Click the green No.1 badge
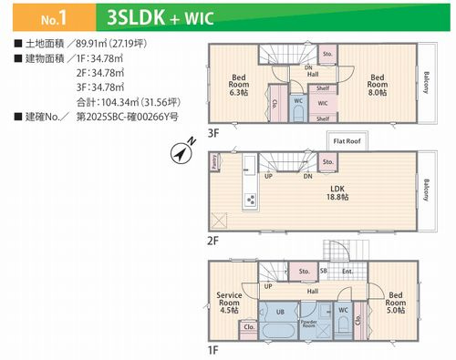click(x=43, y=17)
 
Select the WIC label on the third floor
click(x=324, y=105)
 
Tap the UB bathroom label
click(x=280, y=311)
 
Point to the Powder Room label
click(x=309, y=324)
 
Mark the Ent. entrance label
click(x=347, y=271)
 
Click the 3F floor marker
click(x=214, y=132)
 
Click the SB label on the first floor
click(x=324, y=271)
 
